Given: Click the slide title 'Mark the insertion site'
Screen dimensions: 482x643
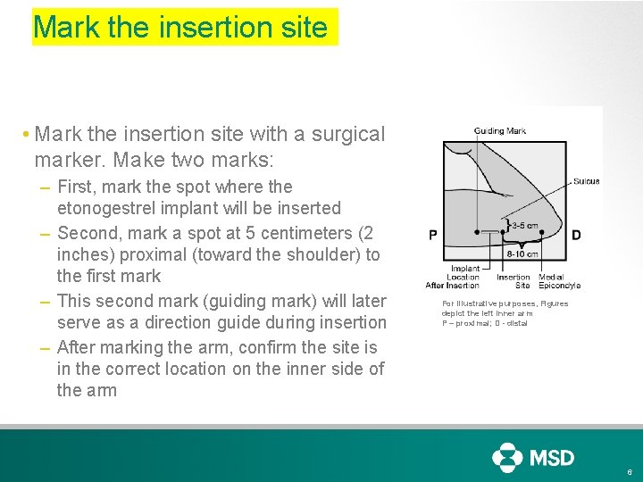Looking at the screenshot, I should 180,27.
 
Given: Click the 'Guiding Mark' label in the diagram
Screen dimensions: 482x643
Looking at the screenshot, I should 500,131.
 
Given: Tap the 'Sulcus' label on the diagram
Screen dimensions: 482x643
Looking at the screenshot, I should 586,181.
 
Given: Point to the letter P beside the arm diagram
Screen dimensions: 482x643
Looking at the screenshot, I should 433,236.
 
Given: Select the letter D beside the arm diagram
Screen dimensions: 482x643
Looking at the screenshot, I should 576,236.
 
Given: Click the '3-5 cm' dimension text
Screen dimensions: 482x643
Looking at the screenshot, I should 524,225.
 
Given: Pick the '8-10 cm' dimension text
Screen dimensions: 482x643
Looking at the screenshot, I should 522,253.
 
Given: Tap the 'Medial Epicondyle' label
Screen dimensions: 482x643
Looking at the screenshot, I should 559,281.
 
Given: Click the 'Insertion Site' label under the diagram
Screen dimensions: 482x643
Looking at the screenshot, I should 514,281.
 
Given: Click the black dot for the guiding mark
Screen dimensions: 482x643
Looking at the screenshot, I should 477,231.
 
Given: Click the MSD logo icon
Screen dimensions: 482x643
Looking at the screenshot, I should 507,457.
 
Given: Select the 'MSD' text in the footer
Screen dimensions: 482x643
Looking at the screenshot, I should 553,458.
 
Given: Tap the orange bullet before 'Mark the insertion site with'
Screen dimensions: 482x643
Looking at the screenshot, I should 28,135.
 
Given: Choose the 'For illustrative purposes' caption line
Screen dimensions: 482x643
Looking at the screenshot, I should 505,303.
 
